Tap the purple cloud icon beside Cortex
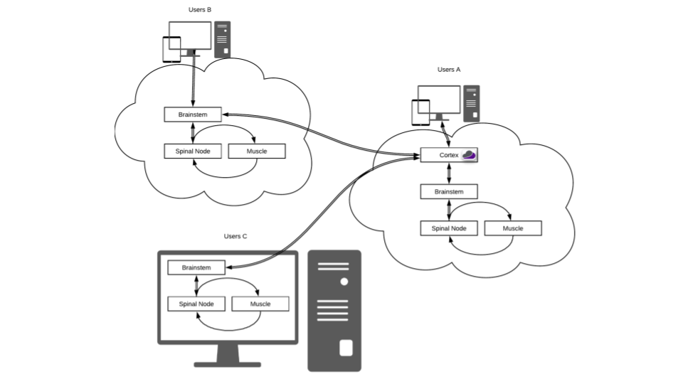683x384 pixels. click(469, 154)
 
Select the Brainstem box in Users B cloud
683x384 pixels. click(192, 114)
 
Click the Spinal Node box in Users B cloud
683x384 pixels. click(192, 151)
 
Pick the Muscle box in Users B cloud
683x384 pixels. click(256, 151)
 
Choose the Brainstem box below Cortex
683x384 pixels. click(448, 191)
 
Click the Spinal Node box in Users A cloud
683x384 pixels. click(448, 228)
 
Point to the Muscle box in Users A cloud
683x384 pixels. click(513, 228)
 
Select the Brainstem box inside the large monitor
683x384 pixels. click(196, 267)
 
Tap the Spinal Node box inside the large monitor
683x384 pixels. click(196, 304)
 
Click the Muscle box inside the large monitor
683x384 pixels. click(260, 304)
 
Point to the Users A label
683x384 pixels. click(449, 70)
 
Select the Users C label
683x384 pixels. click(235, 236)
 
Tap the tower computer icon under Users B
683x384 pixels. click(223, 40)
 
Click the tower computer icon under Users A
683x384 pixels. click(471, 104)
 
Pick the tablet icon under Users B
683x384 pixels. click(171, 50)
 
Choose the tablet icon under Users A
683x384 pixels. click(420, 113)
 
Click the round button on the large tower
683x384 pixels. click(344, 282)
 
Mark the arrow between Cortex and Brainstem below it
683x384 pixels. click(448, 174)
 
